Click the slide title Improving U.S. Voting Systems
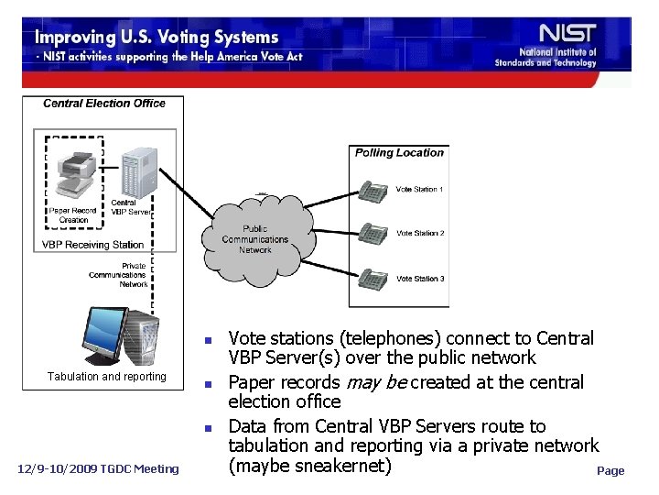point(157,38)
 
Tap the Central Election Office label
point(103,104)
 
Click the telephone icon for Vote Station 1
point(374,192)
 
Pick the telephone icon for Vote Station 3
point(374,278)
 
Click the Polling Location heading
point(399,153)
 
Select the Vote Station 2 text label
point(420,234)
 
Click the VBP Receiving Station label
point(92,245)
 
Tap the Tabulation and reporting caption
point(107,377)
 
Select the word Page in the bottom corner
point(610,470)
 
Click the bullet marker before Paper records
point(209,383)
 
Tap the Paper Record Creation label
point(72,215)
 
